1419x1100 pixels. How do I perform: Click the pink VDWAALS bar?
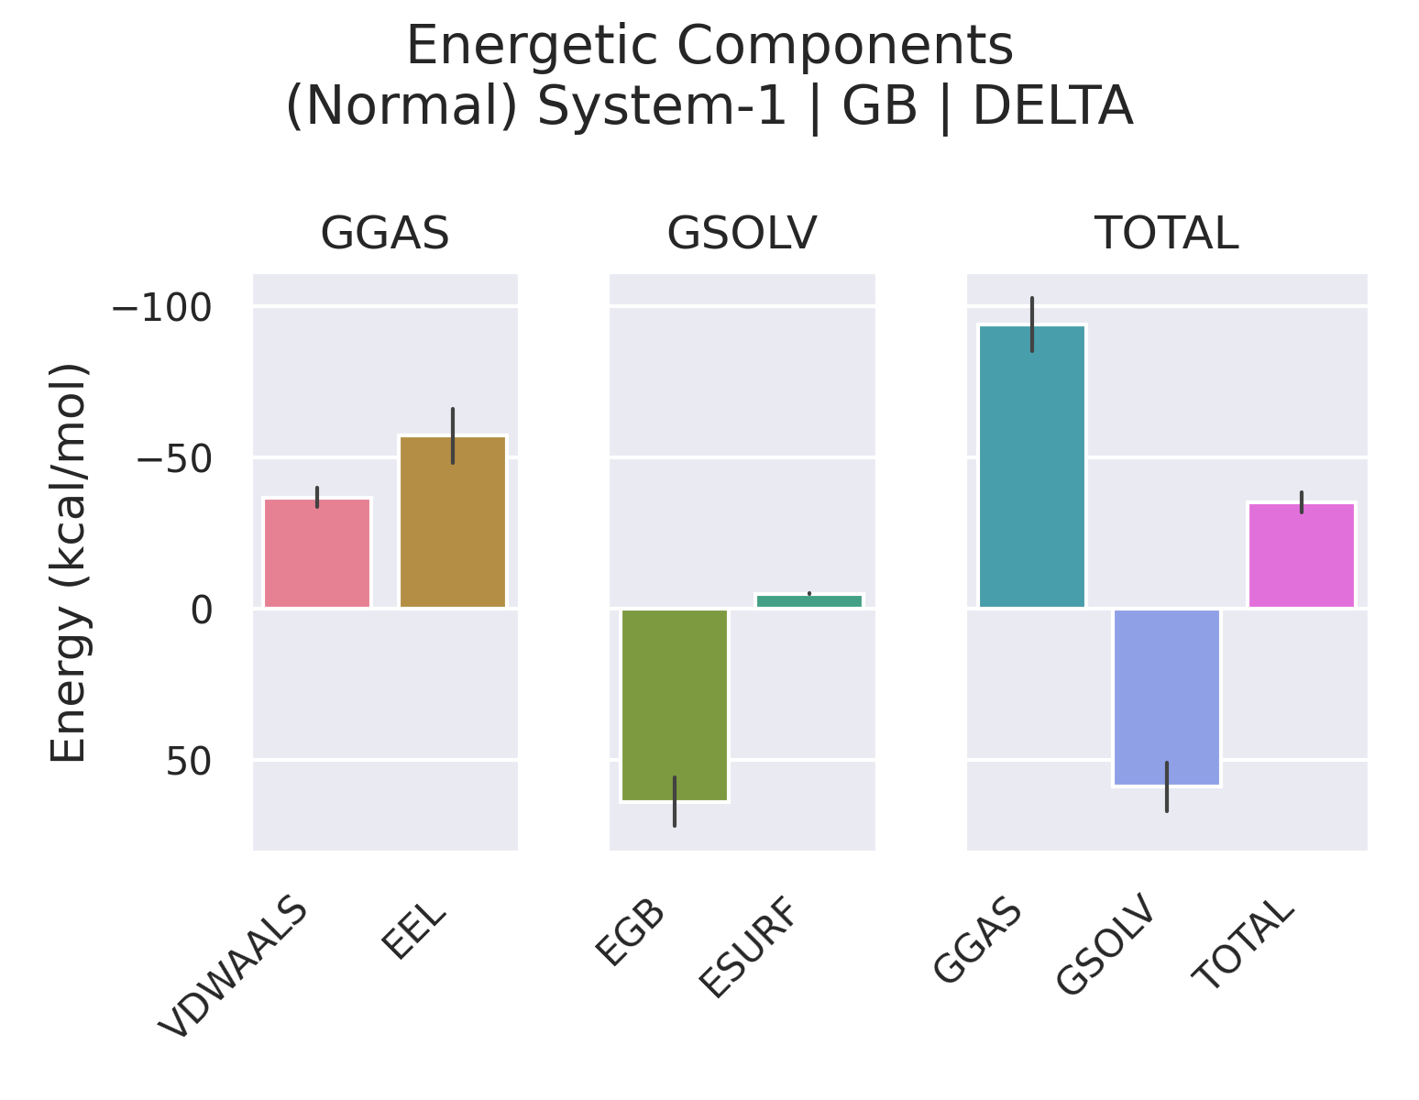317,553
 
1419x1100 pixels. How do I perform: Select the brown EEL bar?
453,522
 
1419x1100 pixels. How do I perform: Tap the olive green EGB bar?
675,704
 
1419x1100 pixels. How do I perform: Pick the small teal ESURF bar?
809,600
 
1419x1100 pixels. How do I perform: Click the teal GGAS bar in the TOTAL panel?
1032,467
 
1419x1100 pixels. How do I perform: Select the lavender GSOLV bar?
1167,697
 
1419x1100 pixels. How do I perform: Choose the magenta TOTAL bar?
1302,555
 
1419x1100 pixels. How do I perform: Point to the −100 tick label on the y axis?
161,307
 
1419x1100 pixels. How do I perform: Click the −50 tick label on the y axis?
174,458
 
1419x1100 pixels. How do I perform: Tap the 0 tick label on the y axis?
202,610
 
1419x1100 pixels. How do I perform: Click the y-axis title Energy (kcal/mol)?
70,563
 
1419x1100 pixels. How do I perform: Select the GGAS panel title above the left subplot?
385,234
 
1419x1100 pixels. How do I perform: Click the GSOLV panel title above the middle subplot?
742,234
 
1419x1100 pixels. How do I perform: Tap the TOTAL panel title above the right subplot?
1167,234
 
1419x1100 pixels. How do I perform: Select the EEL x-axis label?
415,932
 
